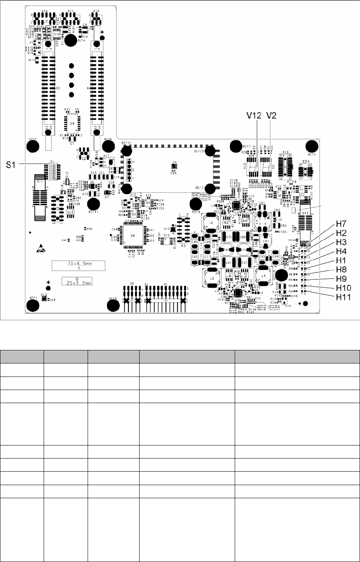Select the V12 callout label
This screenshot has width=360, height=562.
pos(253,115)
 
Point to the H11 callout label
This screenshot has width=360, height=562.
pos(344,297)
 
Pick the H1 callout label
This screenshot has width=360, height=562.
pos(342,261)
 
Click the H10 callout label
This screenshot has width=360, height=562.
pos(344,288)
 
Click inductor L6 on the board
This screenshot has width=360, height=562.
pos(211,223)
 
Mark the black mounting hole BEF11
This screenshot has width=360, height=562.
pos(94,204)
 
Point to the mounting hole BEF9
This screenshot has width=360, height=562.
pos(195,204)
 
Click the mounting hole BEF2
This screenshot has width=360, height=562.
pos(33,147)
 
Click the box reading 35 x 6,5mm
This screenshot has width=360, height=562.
pos(79,266)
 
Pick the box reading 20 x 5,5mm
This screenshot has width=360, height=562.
pos(77,281)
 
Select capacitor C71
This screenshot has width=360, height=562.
pos(229,237)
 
